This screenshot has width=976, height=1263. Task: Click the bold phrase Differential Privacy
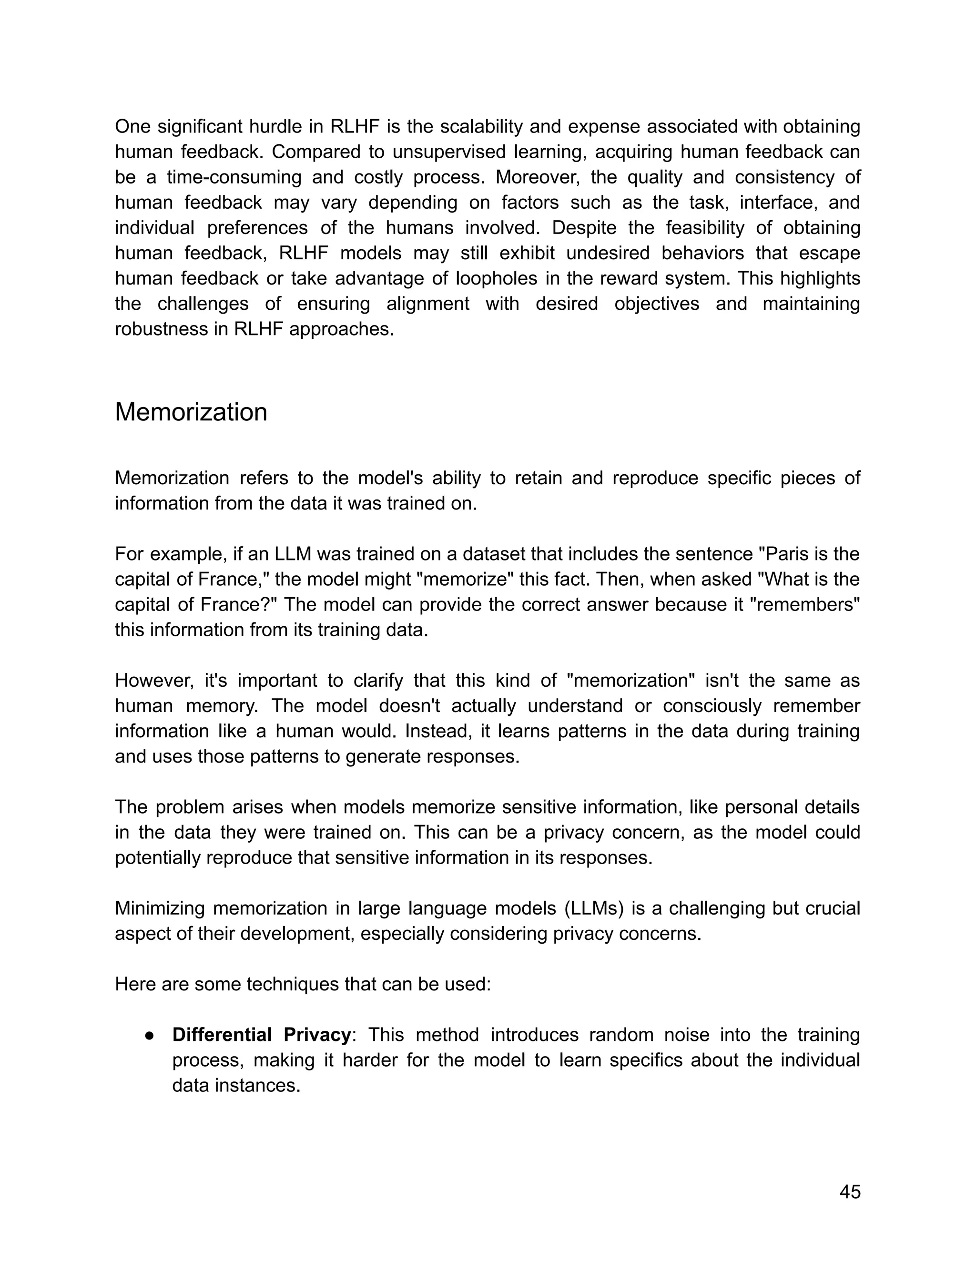(261, 1035)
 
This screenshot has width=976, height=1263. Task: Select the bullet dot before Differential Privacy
(149, 1036)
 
